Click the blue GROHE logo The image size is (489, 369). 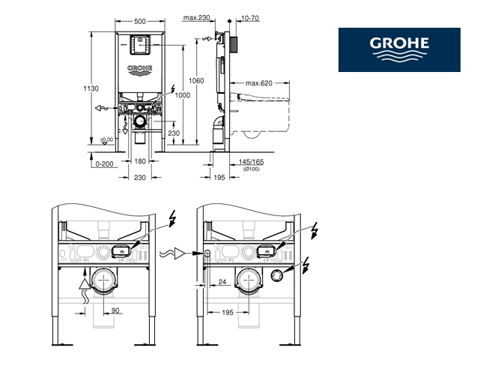coord(398,49)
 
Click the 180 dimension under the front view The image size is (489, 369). coord(140,160)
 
